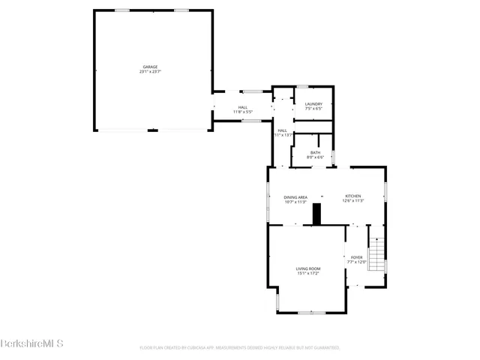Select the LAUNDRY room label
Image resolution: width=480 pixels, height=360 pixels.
(313, 104)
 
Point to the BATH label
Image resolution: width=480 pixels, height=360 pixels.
(315, 153)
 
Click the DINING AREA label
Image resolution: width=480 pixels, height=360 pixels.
(295, 196)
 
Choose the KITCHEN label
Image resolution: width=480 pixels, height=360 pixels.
(353, 196)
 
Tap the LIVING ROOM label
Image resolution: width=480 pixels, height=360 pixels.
(307, 268)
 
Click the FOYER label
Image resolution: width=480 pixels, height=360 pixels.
(356, 257)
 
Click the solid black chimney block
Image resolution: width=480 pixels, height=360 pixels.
(317, 214)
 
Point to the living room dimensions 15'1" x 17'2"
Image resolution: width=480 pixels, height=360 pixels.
(307, 273)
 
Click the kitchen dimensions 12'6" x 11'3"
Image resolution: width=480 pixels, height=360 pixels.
(353, 201)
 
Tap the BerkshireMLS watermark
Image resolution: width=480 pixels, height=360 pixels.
(31, 343)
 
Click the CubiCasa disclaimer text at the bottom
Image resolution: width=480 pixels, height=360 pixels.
(240, 348)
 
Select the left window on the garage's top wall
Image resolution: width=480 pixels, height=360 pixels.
(121, 10)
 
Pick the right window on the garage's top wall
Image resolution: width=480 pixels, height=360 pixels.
(181, 10)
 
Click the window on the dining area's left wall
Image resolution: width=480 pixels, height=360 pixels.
(268, 203)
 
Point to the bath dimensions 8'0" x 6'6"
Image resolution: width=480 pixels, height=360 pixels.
(315, 157)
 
